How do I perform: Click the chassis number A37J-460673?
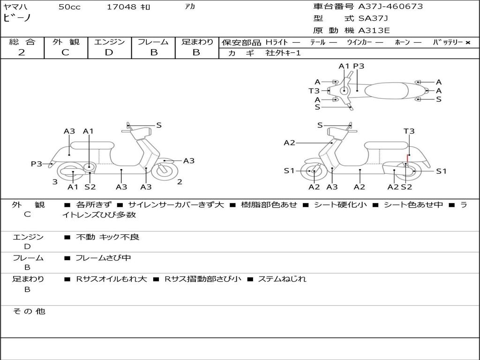[390, 7]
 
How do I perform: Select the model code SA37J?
[373, 19]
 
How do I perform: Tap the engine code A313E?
[374, 31]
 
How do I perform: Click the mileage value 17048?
[121, 7]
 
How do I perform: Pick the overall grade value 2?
[22, 52]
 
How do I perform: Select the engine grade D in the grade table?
[109, 52]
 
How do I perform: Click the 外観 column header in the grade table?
[66, 42]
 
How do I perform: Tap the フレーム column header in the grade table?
[153, 42]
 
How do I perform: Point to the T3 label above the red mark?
[409, 131]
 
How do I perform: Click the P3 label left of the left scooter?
[37, 164]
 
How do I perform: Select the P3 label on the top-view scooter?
[359, 66]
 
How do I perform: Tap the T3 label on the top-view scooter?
[314, 90]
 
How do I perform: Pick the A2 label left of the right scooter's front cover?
[289, 142]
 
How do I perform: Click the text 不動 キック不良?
[108, 237]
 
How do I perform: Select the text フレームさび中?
[103, 258]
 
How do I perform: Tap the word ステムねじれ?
[282, 279]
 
